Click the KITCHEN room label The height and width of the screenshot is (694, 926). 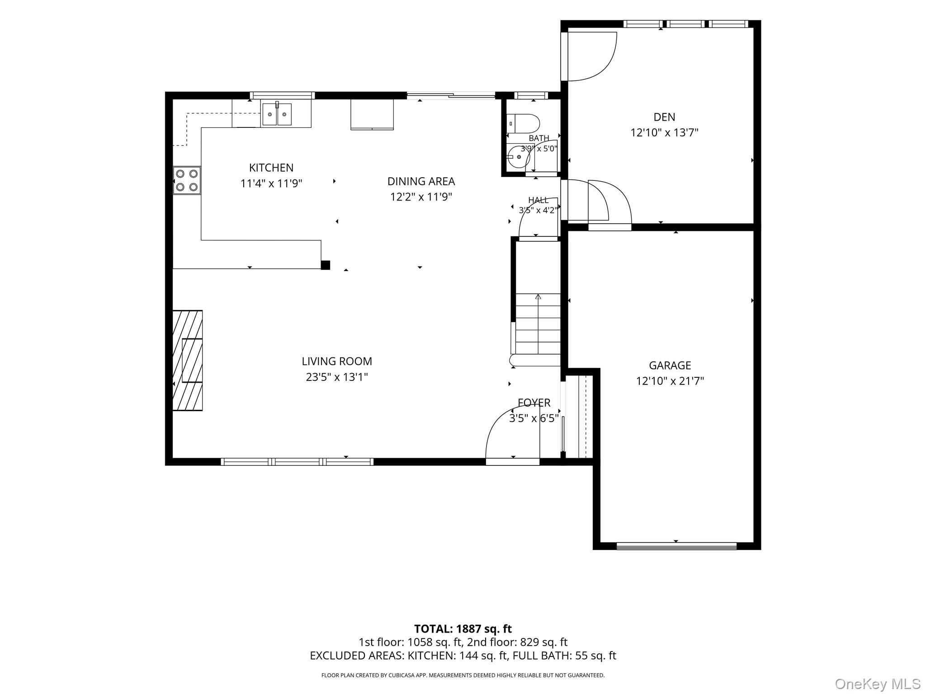point(271,168)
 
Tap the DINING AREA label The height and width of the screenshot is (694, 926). point(421,181)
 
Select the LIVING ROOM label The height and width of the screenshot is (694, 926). point(337,361)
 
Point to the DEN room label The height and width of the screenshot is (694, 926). point(664,117)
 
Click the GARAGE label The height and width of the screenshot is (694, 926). point(670,365)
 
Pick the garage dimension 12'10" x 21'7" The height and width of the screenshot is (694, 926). point(670,381)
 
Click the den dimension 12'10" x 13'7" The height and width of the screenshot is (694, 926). point(664,133)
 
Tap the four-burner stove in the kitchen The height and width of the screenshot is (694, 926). point(187,180)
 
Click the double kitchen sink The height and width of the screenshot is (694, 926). point(277,114)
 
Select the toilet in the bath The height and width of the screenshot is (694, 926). point(523,123)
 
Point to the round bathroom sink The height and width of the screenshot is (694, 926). point(518,157)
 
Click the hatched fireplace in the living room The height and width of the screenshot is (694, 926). point(188,360)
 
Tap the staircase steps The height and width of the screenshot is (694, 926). point(538,324)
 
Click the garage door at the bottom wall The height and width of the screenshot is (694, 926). point(676,546)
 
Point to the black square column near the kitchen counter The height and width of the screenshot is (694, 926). point(325,265)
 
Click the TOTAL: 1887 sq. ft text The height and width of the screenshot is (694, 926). point(463,628)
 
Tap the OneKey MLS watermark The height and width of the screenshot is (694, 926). point(877,684)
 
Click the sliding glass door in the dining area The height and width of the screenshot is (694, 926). point(451,95)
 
